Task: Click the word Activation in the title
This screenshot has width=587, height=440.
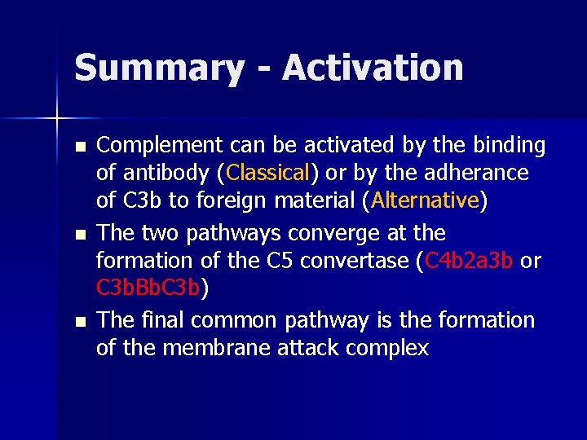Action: (x=373, y=68)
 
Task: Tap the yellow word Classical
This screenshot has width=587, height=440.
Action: (x=268, y=173)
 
